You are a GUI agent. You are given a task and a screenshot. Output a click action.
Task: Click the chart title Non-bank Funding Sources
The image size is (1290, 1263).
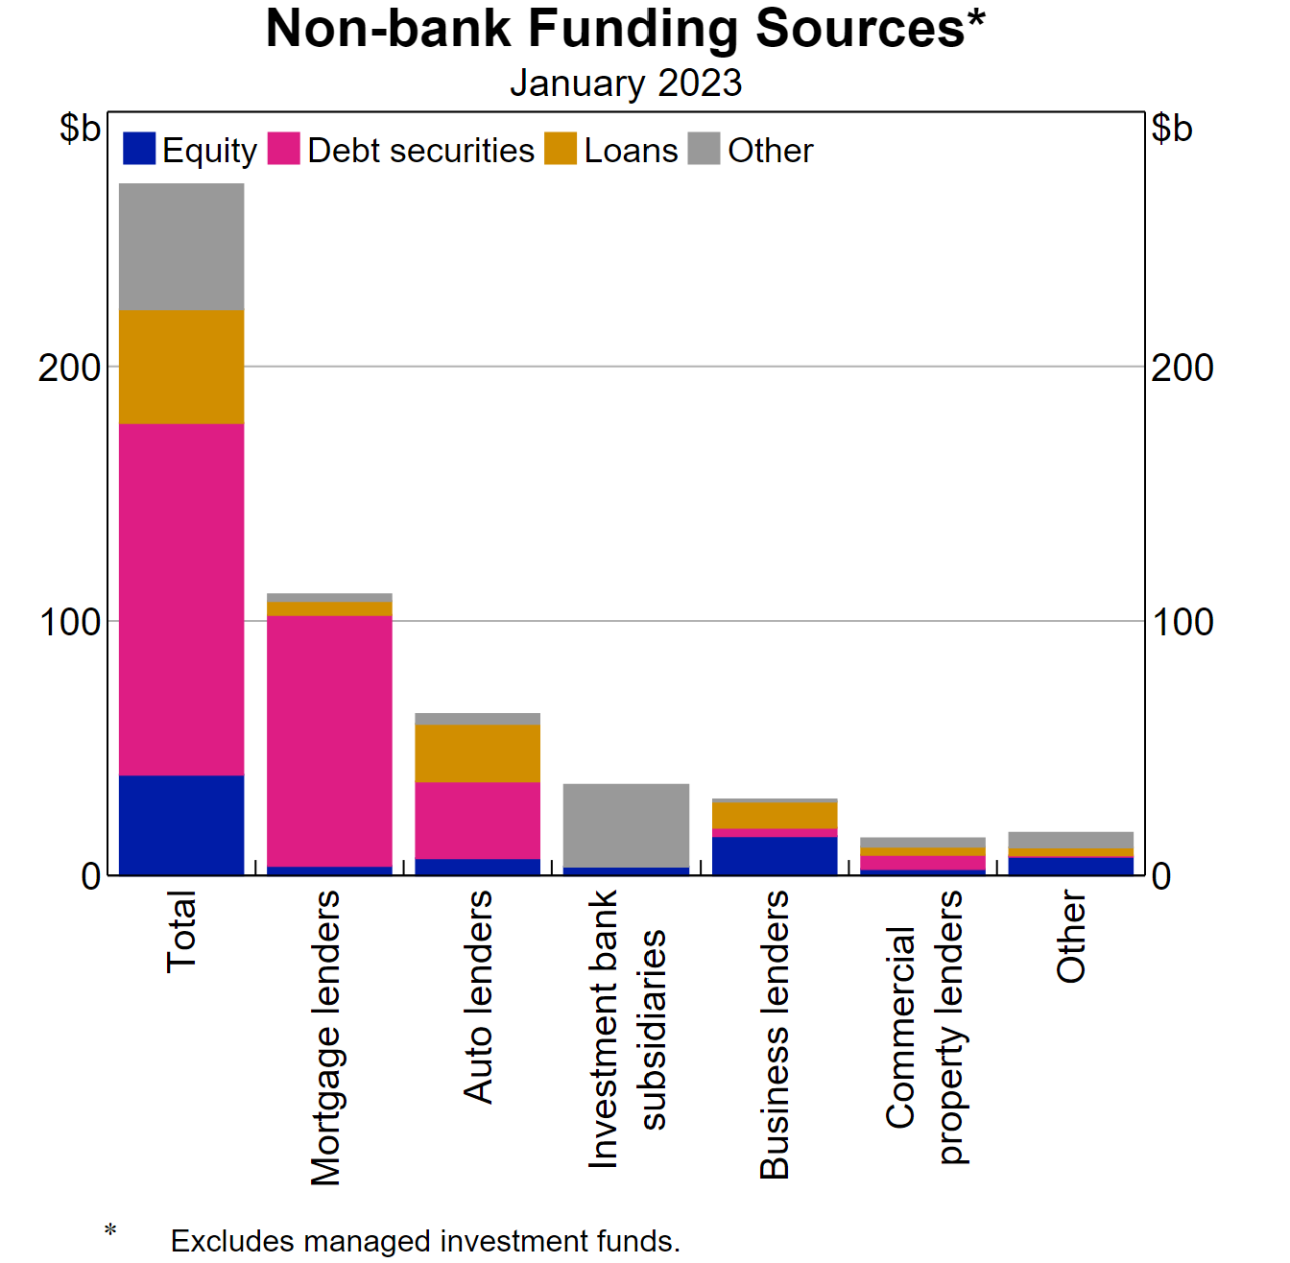(625, 29)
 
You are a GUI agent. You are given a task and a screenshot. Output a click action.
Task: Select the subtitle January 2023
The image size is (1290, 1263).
(625, 83)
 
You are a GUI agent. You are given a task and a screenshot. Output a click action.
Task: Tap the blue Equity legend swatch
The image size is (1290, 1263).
(139, 149)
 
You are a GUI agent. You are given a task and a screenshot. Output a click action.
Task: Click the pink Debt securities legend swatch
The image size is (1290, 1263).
(284, 149)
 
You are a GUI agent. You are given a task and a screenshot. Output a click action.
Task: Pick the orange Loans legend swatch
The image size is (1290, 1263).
(561, 149)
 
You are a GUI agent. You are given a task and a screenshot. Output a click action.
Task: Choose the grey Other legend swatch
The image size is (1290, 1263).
(704, 149)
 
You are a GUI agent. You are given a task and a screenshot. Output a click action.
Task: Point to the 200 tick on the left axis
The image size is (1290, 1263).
(69, 368)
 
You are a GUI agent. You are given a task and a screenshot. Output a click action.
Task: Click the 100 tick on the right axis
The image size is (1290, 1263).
(1182, 622)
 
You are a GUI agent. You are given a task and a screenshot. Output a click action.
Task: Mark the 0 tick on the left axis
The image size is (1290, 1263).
(91, 876)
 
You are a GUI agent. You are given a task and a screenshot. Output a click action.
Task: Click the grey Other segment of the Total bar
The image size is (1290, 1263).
(181, 246)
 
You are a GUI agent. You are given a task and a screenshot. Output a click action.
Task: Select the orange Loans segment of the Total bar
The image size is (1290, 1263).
(181, 367)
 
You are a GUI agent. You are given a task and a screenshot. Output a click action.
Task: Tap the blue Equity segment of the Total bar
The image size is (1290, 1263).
(181, 824)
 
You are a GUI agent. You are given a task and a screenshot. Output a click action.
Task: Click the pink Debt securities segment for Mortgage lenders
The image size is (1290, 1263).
(329, 740)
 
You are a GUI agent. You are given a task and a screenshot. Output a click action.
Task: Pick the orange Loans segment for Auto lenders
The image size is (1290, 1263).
(477, 753)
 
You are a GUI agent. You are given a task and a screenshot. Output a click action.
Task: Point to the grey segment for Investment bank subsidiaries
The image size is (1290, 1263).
(626, 825)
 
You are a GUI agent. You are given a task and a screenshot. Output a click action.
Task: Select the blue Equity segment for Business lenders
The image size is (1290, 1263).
(775, 855)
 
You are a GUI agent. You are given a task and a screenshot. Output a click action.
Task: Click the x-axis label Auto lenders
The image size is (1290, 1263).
(478, 996)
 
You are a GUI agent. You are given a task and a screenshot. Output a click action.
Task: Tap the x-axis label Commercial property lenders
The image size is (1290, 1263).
(923, 1027)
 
